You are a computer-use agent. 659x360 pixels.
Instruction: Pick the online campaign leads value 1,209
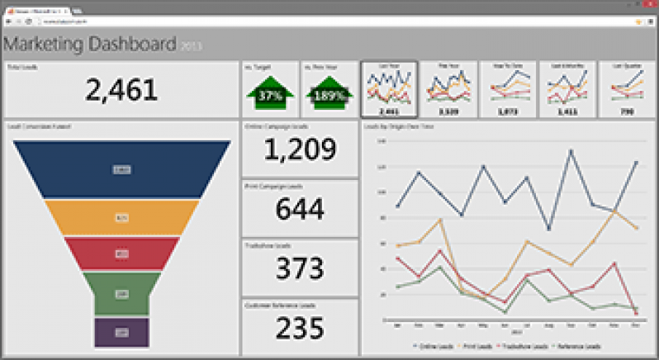pos(300,149)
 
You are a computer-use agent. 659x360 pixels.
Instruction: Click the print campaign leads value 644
pos(300,209)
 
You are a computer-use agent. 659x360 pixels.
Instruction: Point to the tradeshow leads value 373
pos(300,268)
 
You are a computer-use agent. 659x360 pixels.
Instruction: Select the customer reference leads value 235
pos(300,328)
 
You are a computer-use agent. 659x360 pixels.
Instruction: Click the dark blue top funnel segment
pos(121,169)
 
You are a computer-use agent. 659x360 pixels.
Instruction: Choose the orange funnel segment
pos(121,218)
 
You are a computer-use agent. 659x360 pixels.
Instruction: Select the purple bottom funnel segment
pos(121,332)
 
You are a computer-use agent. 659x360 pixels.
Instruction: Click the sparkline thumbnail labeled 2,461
pos(388,89)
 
